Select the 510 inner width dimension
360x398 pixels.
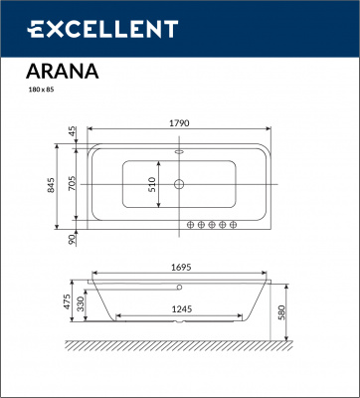152,186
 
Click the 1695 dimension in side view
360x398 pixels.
180,268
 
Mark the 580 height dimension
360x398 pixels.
285,312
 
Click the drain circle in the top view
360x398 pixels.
180,184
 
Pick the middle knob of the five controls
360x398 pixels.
211,223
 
